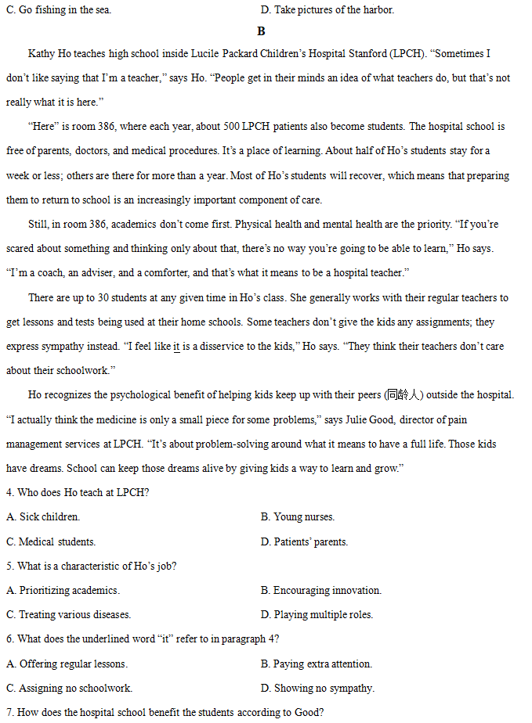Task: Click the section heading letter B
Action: point(261,31)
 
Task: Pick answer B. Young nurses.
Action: point(298,517)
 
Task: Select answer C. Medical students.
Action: point(51,541)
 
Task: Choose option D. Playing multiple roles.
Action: point(317,615)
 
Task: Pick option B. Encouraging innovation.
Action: point(321,591)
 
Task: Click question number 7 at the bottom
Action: point(9,713)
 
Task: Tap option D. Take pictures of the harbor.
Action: point(327,10)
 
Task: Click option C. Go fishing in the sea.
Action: point(59,10)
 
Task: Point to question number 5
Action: point(9,567)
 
